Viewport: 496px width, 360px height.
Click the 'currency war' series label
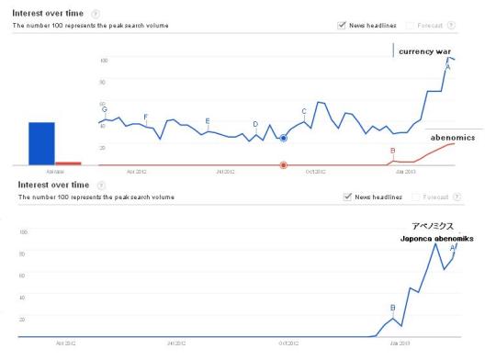(x=429, y=51)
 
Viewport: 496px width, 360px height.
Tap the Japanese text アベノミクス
(x=432, y=226)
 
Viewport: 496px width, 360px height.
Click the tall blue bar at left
(x=41, y=143)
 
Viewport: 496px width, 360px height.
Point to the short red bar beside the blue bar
(x=69, y=163)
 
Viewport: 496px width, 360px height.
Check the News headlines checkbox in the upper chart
(x=343, y=25)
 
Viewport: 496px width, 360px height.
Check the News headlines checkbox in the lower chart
(x=347, y=197)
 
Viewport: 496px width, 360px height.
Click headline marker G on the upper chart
(x=105, y=110)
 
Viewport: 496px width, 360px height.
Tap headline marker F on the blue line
(x=146, y=117)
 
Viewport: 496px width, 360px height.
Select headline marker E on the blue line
(x=208, y=122)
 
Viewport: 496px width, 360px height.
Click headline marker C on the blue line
(x=304, y=112)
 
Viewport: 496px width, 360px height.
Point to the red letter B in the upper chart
(x=392, y=151)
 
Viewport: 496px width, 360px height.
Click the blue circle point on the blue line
(x=283, y=138)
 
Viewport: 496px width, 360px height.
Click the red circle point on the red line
(x=283, y=165)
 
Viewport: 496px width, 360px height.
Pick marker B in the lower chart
(x=392, y=308)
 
